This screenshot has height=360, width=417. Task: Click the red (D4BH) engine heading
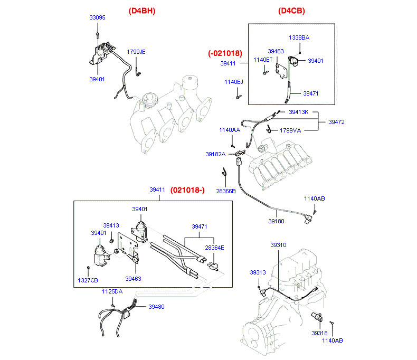click(x=141, y=11)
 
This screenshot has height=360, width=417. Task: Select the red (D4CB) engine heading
click(x=291, y=11)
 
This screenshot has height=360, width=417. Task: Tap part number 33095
click(x=97, y=17)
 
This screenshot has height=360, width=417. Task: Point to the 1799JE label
click(x=136, y=52)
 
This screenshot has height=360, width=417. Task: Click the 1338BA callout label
click(x=299, y=38)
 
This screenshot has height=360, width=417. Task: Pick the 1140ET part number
click(x=263, y=60)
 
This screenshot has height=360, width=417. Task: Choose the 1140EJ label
click(x=233, y=82)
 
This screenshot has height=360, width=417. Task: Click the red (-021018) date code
click(x=225, y=53)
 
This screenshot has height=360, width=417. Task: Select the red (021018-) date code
click(x=187, y=190)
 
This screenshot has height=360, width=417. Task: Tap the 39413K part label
click(x=302, y=112)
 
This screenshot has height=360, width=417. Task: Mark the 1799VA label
click(x=290, y=130)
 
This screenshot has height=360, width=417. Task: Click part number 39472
click(x=336, y=122)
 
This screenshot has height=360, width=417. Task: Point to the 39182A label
click(x=215, y=154)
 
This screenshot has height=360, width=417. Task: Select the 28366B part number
click(x=226, y=191)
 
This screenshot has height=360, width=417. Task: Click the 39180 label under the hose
click(x=276, y=221)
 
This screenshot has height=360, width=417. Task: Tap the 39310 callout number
click(x=279, y=245)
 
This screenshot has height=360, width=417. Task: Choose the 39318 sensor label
click(x=319, y=334)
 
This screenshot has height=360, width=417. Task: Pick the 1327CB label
click(x=88, y=280)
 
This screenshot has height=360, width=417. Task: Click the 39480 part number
click(x=156, y=306)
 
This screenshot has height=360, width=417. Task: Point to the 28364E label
click(x=215, y=247)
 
